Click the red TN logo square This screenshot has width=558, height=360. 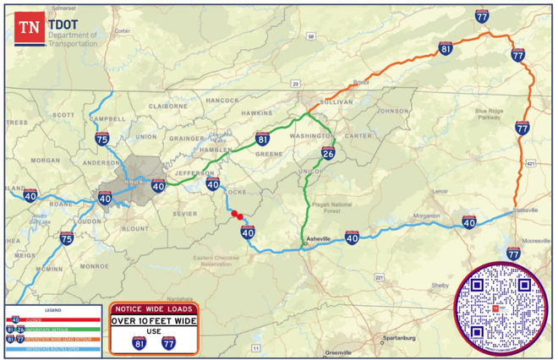tap(30, 27)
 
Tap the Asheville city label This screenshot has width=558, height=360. tap(319, 239)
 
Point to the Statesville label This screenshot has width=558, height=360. tap(525, 208)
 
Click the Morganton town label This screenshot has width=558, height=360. tap(425, 215)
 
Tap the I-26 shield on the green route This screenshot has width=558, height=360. tap(328, 153)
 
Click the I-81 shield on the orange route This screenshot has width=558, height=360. tap(446, 49)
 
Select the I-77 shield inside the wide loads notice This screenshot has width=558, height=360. tap(168, 342)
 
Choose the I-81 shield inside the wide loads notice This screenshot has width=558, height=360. tap(138, 342)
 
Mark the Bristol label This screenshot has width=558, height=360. tap(361, 82)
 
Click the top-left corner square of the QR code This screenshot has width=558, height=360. tap(477, 285)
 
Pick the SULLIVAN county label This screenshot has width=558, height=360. tap(336, 100)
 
